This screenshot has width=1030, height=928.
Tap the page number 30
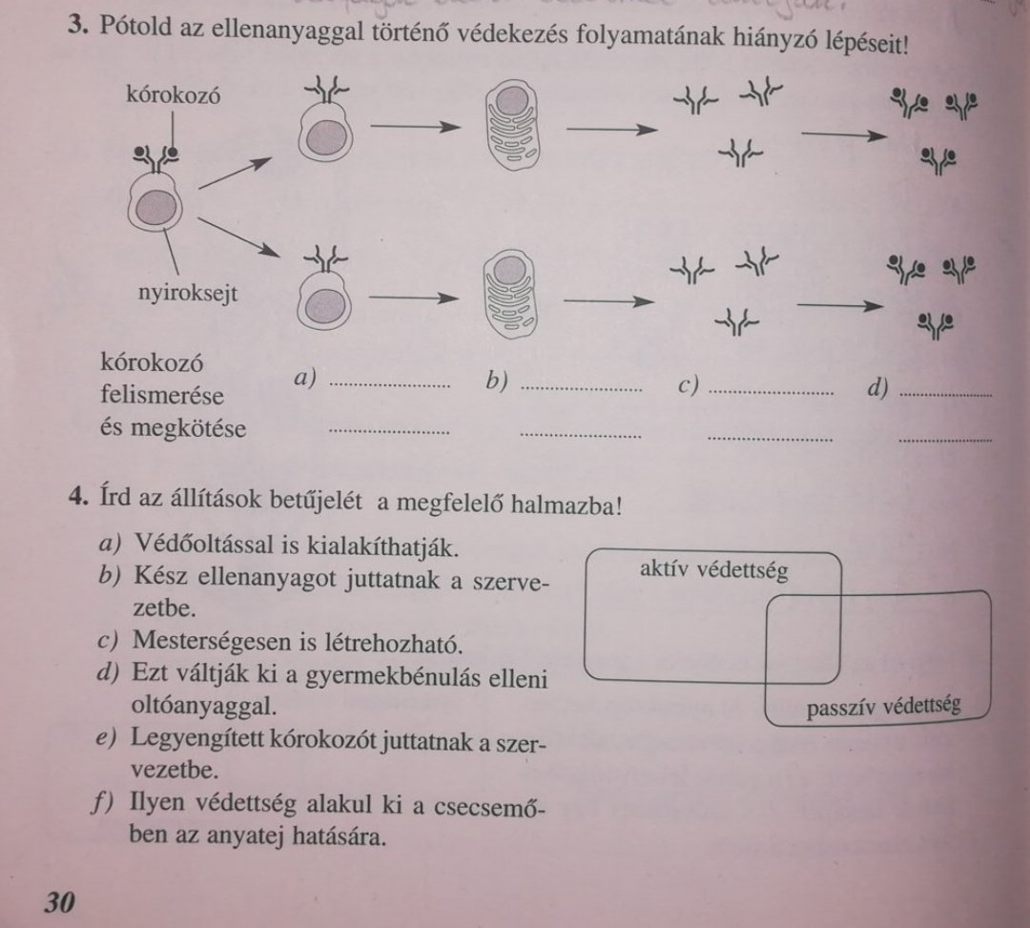point(59,903)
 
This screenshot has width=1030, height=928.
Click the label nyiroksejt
point(188,293)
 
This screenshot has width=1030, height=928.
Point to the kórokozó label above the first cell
point(174,96)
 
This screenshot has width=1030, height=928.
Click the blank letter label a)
point(305,378)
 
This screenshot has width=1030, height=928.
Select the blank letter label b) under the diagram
point(497,381)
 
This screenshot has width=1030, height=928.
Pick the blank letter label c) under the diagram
point(688,385)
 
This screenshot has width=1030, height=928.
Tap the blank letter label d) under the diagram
point(878,387)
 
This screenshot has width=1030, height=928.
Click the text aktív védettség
point(714,570)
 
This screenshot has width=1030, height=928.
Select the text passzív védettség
point(883,707)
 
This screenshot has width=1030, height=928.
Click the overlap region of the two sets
point(804,638)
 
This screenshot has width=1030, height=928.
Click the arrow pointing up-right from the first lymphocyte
point(236,173)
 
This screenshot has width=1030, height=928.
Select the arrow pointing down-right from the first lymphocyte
point(238,237)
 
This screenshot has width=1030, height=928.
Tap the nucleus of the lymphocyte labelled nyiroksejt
point(155,209)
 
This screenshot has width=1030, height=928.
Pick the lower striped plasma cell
point(509,294)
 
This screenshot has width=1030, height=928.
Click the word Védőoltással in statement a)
point(204,545)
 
